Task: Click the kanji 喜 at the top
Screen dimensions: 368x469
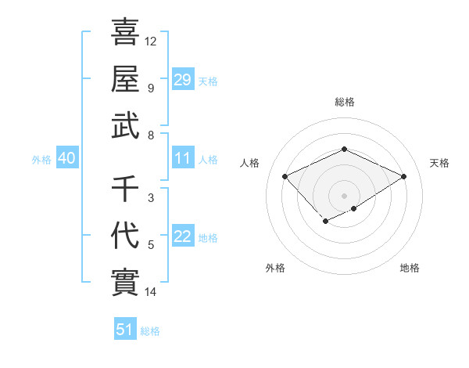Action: pos(125,32)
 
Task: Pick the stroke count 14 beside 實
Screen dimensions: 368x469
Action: pos(151,292)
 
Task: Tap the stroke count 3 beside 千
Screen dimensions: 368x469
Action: pos(151,198)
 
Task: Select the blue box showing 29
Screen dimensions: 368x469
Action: pos(183,79)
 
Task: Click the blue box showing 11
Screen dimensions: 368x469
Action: pos(183,159)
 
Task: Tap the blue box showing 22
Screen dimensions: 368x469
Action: pos(183,237)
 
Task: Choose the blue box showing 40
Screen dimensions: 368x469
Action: pos(67,159)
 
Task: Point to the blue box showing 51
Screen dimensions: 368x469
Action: pos(125,330)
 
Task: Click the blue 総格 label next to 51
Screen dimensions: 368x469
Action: pos(150,331)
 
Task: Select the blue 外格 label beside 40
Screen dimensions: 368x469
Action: pos(41,160)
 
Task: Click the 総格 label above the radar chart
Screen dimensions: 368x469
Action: pos(345,102)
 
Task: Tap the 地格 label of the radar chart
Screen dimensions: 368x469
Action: pos(410,268)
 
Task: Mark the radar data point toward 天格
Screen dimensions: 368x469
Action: pos(403,176)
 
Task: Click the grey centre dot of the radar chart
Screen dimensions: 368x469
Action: pos(345,195)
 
